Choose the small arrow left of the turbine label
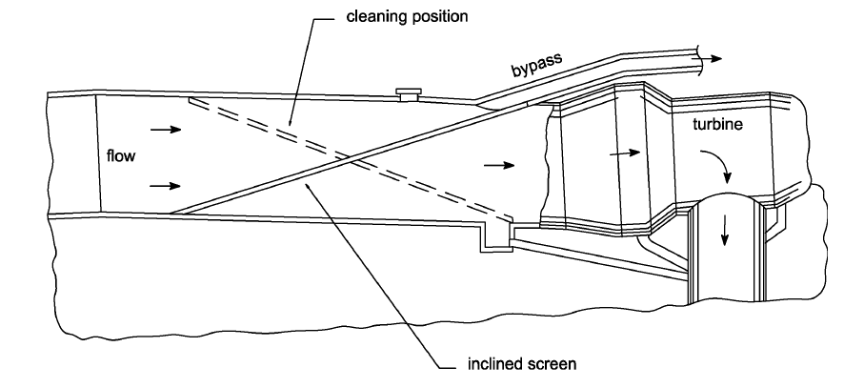(x=622, y=150)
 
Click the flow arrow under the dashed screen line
(x=498, y=165)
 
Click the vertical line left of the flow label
(x=99, y=153)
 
